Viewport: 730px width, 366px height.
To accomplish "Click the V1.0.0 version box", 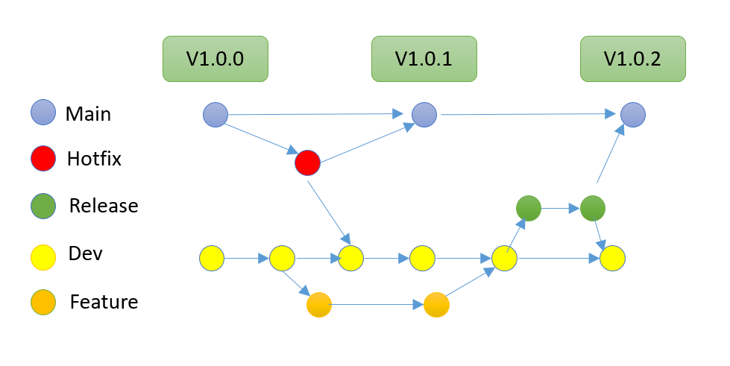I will tap(215, 58).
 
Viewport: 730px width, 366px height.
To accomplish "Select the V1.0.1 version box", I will tap(424, 58).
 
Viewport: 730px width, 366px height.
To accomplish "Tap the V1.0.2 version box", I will tap(632, 58).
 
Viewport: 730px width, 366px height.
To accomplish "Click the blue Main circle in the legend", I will tap(42, 113).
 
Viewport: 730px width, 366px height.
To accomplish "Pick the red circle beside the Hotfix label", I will tap(42, 159).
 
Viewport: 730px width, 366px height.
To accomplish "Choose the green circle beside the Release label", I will tap(42, 205).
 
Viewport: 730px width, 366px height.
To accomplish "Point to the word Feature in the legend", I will tap(104, 302).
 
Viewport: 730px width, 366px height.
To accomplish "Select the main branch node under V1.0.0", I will tap(215, 115).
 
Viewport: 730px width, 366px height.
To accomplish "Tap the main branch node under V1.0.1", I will tap(424, 114).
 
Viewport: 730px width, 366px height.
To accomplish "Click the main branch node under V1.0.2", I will tap(633, 115).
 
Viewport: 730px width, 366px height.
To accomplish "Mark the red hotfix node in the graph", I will tap(307, 163).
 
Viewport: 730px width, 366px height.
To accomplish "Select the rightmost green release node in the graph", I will tap(592, 208).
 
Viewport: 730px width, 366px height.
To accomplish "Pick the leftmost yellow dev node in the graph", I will tap(212, 259).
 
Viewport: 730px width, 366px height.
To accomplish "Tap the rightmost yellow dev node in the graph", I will tap(612, 259).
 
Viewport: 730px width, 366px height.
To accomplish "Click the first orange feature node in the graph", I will tap(318, 305).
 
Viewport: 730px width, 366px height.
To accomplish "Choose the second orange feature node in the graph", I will tap(435, 305).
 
